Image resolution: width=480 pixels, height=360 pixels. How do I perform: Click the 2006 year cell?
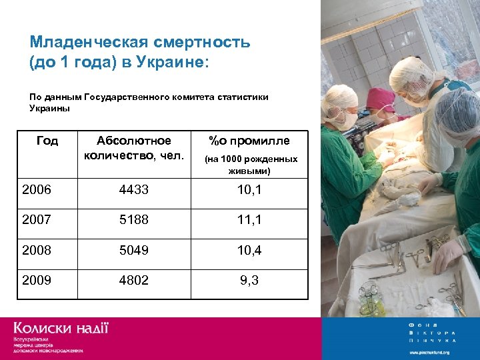click(x=37, y=191)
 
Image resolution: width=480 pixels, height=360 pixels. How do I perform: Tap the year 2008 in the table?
click(x=37, y=251)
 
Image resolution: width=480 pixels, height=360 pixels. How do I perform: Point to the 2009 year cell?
click(x=37, y=281)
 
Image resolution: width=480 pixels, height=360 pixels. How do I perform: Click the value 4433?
click(x=134, y=191)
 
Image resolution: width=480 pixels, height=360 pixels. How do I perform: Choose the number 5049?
click(x=134, y=251)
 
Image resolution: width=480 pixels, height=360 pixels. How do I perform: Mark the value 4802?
click(x=134, y=281)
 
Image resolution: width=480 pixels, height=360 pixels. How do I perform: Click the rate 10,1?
click(x=249, y=191)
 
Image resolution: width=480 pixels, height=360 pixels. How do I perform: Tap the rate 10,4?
click(x=249, y=251)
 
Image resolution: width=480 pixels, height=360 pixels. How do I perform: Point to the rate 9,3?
click(x=249, y=281)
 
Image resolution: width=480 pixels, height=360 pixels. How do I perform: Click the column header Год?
click(x=47, y=141)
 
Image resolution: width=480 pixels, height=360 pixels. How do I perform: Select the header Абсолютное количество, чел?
click(x=134, y=148)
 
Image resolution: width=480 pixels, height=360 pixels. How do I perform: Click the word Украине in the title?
click(x=169, y=62)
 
